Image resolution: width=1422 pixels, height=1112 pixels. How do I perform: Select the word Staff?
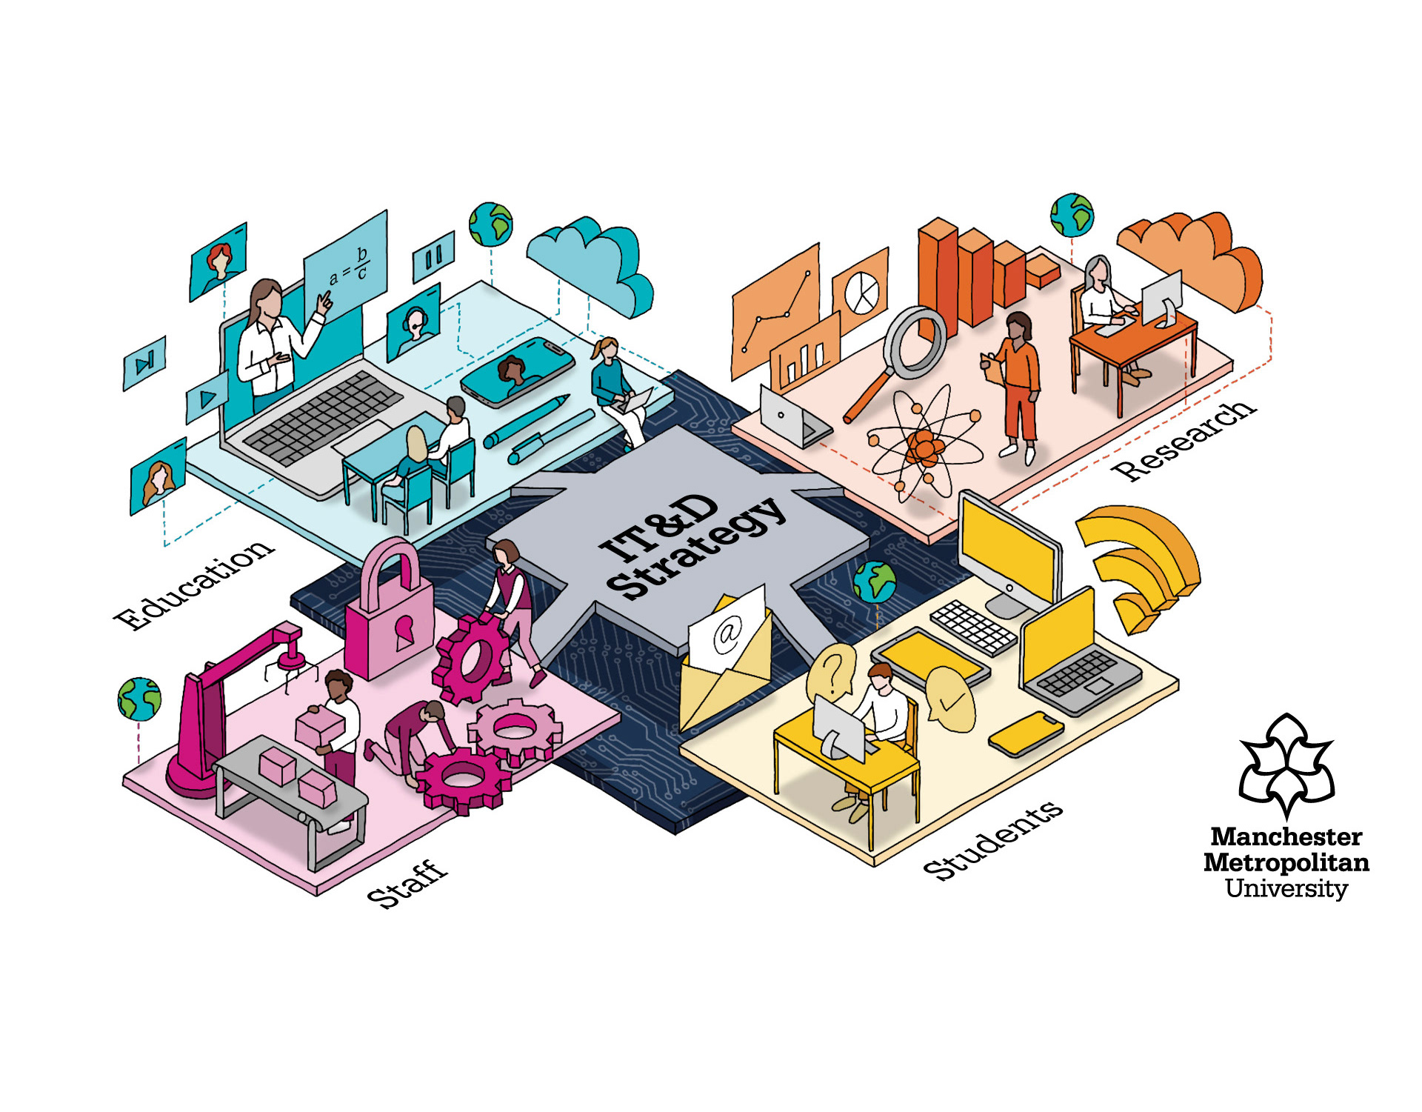(x=407, y=885)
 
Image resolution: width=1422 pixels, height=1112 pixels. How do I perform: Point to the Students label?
(x=992, y=841)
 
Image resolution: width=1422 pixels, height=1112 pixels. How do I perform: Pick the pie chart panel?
(x=861, y=291)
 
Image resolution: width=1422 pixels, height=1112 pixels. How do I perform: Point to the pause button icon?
(x=433, y=257)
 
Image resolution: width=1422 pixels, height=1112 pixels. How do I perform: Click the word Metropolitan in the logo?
(x=1286, y=862)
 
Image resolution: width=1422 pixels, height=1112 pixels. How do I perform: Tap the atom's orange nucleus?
(x=924, y=447)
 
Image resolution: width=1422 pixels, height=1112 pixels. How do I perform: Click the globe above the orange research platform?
(x=1071, y=215)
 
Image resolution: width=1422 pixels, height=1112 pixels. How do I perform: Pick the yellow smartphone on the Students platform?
(x=1026, y=733)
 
